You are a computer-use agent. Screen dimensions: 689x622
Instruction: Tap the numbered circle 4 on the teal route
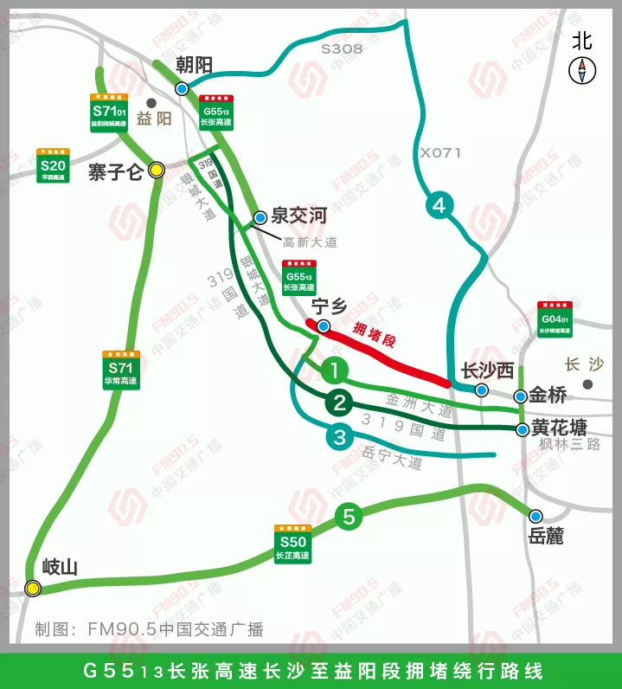(x=439, y=205)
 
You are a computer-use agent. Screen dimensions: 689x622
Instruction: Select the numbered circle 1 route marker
(x=335, y=370)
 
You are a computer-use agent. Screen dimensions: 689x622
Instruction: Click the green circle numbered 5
(x=349, y=518)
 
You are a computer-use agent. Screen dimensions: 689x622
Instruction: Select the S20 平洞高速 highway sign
(x=53, y=165)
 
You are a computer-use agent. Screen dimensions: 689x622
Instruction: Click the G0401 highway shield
(x=555, y=319)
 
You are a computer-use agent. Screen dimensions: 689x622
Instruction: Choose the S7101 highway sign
(x=109, y=112)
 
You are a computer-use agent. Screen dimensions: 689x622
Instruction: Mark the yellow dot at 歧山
(x=33, y=589)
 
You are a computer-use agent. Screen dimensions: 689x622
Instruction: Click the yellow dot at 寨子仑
(x=157, y=170)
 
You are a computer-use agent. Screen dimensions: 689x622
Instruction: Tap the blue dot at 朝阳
(x=182, y=88)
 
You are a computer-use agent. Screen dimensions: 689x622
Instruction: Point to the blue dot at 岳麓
(x=536, y=514)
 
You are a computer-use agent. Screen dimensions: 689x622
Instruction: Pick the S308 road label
(x=342, y=49)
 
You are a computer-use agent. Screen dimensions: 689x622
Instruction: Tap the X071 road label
(x=441, y=153)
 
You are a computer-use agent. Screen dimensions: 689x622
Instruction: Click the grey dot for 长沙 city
(x=588, y=383)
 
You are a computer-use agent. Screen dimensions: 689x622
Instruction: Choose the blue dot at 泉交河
(x=260, y=217)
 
